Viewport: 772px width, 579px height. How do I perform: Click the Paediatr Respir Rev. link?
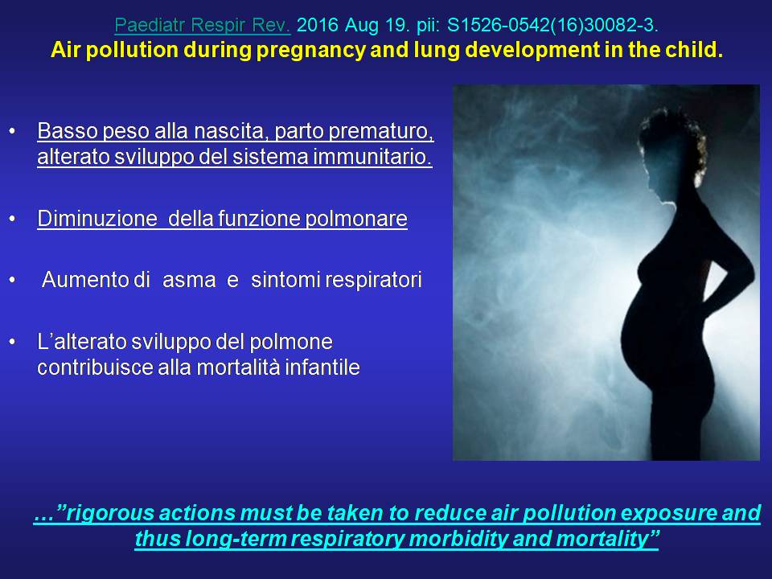pos(203,25)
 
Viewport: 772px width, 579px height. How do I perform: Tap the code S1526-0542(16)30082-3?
pos(552,25)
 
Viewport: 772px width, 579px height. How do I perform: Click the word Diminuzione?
pos(97,219)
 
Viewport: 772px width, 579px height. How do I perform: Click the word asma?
pos(189,280)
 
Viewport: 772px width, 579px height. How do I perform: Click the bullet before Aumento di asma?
pos(12,280)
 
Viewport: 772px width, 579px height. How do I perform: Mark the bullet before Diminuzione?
pos(12,219)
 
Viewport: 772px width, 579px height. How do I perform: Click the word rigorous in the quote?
pos(110,513)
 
